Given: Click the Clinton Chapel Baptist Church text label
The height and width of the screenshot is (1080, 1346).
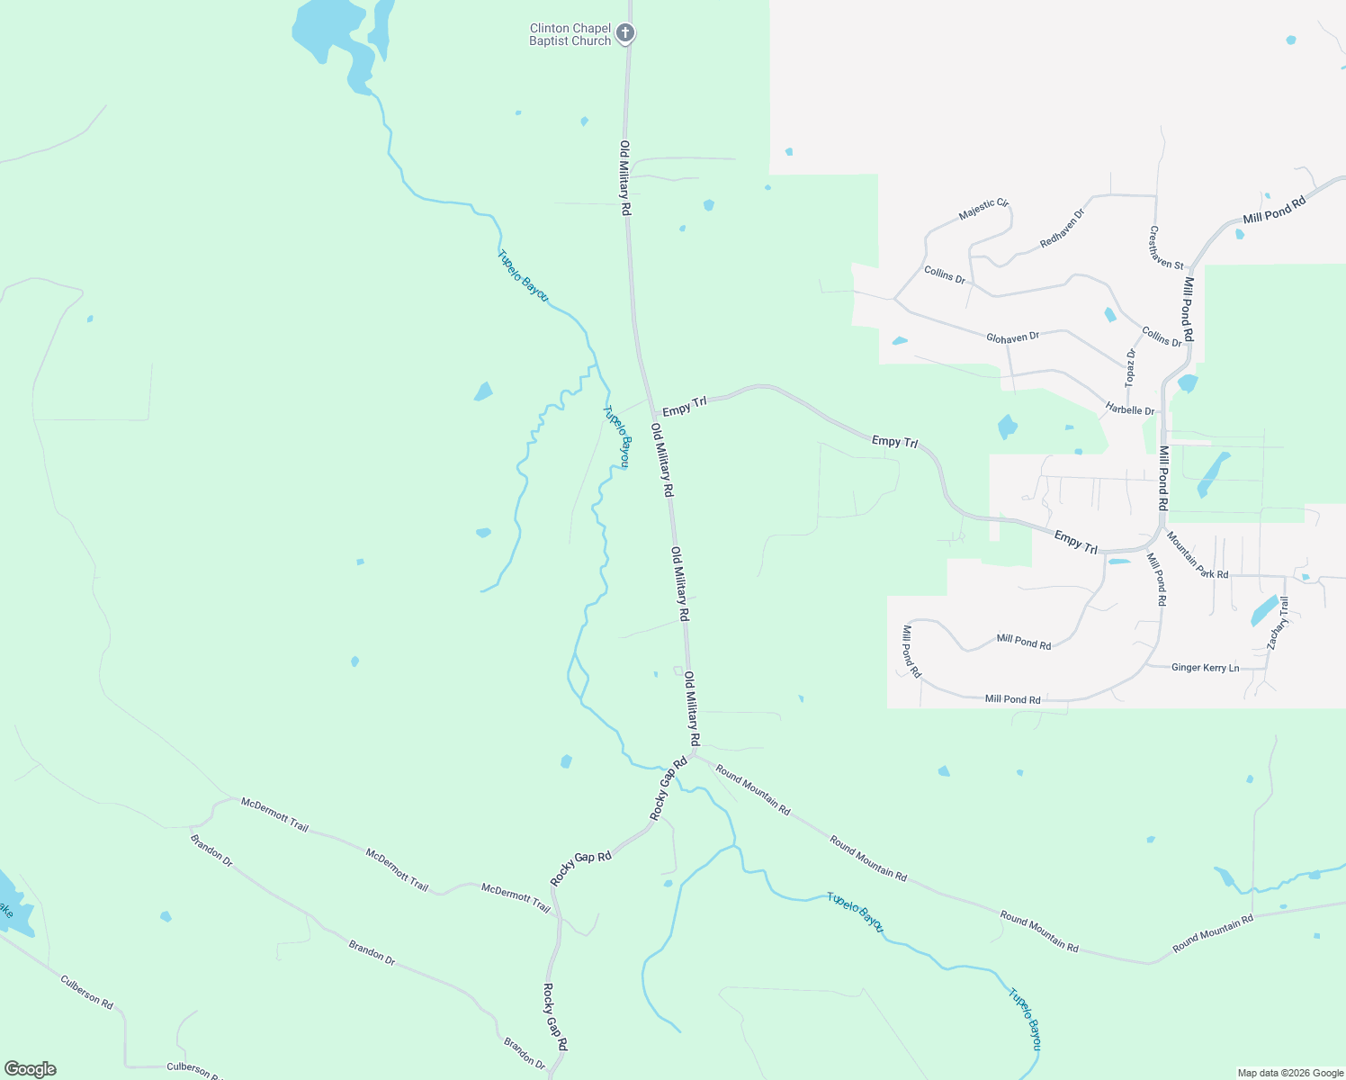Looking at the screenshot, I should (x=570, y=35).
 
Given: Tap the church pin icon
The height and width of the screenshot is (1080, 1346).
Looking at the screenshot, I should (x=625, y=34).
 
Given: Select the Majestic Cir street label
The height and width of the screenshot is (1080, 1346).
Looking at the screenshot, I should (x=983, y=209).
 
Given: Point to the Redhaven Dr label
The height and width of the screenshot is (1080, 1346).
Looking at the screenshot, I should (x=1063, y=229).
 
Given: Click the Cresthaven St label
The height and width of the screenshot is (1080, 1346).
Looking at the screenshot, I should (x=1166, y=247).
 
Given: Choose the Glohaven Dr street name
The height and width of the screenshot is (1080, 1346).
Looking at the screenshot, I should (x=1012, y=337).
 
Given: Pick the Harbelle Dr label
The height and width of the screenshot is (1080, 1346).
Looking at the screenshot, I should (x=1130, y=410).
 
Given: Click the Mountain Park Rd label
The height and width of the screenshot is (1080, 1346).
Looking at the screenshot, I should (x=1198, y=555).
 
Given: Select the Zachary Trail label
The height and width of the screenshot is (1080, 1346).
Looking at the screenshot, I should (x=1278, y=623).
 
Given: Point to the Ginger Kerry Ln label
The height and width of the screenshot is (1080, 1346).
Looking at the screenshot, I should (x=1205, y=668).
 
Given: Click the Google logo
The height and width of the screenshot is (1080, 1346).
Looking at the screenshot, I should (x=30, y=1069).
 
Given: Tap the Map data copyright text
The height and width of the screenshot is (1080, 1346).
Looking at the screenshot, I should (x=1290, y=1073).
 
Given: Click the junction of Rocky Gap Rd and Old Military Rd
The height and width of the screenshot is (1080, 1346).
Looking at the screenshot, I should (x=693, y=754).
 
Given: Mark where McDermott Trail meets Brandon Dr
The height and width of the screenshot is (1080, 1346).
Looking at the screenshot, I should (x=192, y=826).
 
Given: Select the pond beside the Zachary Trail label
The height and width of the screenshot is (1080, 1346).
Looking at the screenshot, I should (x=1263, y=611).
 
